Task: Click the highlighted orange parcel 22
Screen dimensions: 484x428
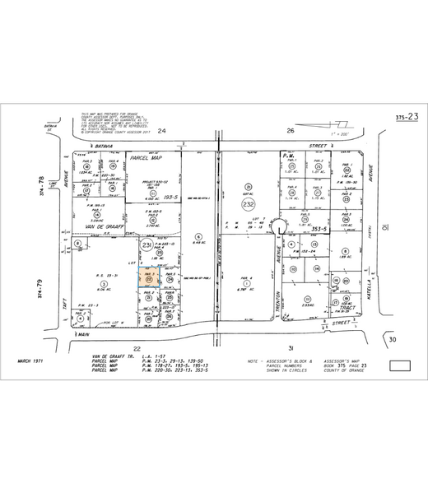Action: [x=149, y=280]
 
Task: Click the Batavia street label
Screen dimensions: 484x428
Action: [x=104, y=145]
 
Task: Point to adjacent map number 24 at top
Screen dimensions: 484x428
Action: [x=162, y=131]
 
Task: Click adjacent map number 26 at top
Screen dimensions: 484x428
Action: [x=291, y=131]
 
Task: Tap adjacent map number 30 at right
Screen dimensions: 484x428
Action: [x=393, y=339]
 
